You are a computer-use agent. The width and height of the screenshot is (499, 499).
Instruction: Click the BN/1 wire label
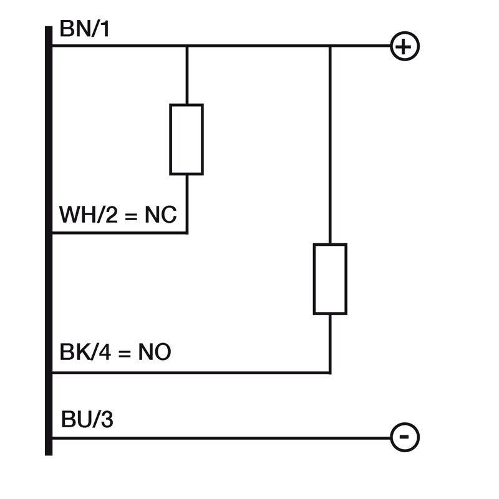pyautogui.click(x=84, y=29)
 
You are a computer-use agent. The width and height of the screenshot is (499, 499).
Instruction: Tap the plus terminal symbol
pyautogui.click(x=404, y=46)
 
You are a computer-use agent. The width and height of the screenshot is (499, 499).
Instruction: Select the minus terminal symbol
pyautogui.click(x=404, y=437)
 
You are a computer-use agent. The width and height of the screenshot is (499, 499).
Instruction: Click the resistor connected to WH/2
pyautogui.click(x=187, y=139)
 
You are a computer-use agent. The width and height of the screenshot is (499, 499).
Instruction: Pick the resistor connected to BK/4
pyautogui.click(x=330, y=279)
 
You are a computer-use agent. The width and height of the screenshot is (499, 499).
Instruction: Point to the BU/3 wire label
pyautogui.click(x=87, y=420)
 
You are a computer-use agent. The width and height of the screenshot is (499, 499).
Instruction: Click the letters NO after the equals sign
pyautogui.click(x=155, y=354)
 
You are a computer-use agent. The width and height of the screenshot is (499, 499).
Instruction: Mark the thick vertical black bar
pyautogui.click(x=49, y=240)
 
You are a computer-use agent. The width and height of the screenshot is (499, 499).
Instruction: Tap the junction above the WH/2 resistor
pyautogui.click(x=187, y=46)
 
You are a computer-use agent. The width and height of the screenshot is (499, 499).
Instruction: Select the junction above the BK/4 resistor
pyautogui.click(x=330, y=46)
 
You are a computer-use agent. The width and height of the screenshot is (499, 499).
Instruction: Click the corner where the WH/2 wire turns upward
pyautogui.click(x=187, y=233)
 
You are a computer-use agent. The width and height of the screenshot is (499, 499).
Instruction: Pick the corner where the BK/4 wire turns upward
pyautogui.click(x=330, y=373)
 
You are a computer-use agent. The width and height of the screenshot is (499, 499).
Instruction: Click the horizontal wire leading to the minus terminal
pyautogui.click(x=218, y=438)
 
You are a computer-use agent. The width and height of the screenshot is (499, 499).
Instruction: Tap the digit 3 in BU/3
pyautogui.click(x=107, y=420)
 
